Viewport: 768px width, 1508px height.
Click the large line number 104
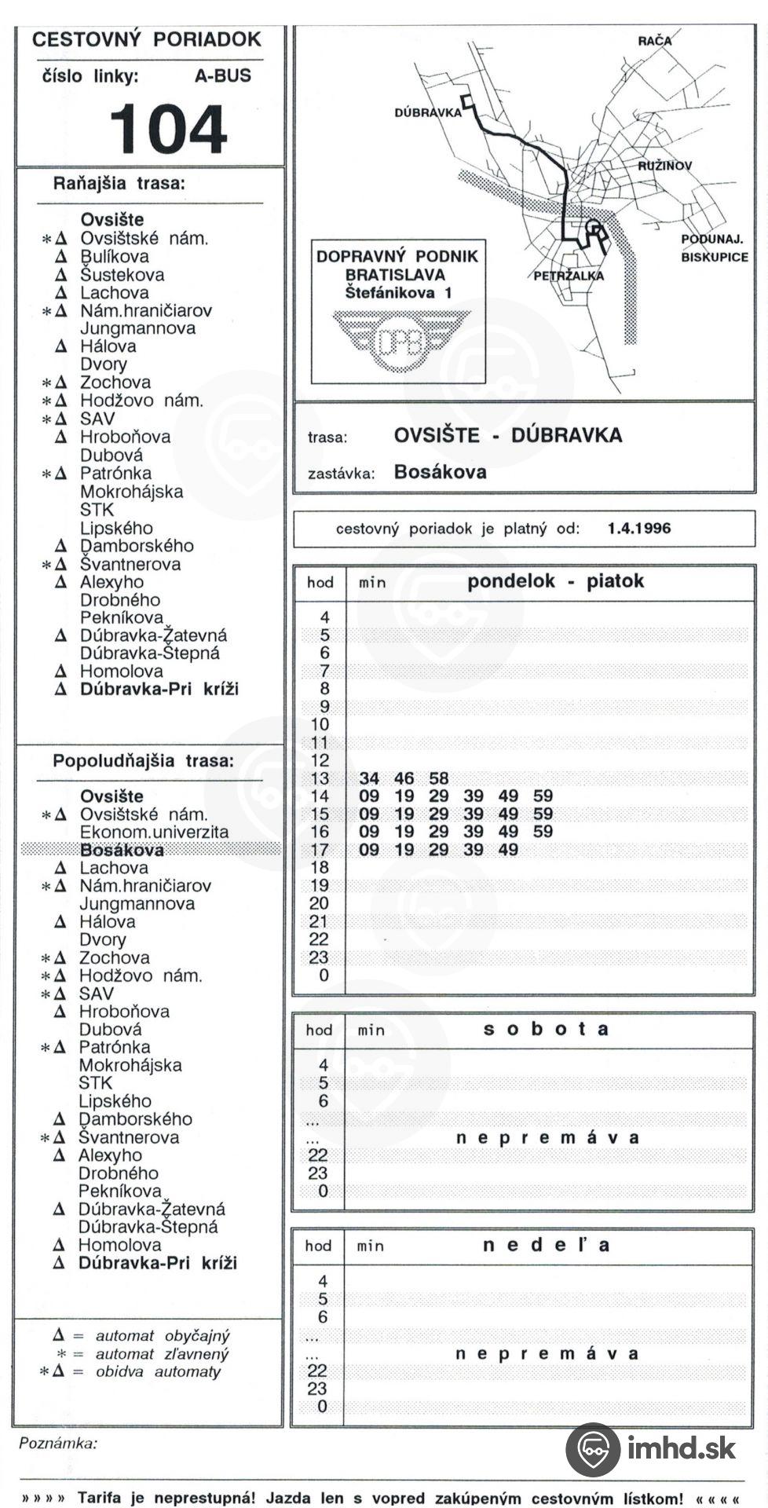pos(168,130)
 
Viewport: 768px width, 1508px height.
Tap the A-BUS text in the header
pos(223,76)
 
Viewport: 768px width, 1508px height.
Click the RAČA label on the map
pos(655,41)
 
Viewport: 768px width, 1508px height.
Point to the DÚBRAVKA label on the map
pos(427,113)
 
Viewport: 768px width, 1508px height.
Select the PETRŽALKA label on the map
pos(569,276)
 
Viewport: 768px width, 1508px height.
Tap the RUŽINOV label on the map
pos(664,166)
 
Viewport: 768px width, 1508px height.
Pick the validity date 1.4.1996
pos(639,529)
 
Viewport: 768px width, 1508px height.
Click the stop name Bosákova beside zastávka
pos(440,472)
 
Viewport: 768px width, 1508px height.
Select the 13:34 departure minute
pos(369,778)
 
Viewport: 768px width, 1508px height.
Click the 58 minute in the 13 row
pos(438,778)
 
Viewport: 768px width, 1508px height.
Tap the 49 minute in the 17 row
pos(508,850)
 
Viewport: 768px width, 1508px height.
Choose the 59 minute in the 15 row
pos(543,814)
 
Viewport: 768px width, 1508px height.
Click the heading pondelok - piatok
pos(555,581)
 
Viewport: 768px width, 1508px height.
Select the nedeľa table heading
pos(546,1245)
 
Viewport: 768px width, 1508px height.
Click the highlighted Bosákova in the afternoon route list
pos(122,850)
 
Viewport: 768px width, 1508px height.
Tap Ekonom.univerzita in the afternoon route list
pos(154,832)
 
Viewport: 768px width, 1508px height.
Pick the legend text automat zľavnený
pos(162,1354)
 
